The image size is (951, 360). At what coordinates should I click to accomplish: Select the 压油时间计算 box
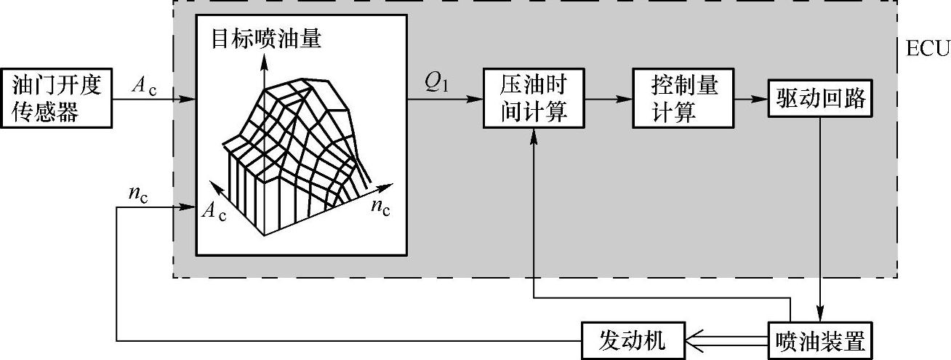tap(534, 97)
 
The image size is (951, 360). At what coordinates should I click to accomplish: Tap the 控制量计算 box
tap(674, 97)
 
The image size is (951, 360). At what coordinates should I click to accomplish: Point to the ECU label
tap(928, 49)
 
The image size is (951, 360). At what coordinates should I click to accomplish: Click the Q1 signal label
tap(437, 85)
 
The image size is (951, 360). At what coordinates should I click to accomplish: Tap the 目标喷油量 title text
tap(267, 38)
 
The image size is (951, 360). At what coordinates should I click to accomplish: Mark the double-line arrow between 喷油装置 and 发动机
tap(727, 340)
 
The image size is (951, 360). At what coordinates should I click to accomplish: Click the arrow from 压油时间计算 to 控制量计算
tap(608, 98)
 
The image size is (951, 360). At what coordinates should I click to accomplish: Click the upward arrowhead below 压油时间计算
tap(534, 136)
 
